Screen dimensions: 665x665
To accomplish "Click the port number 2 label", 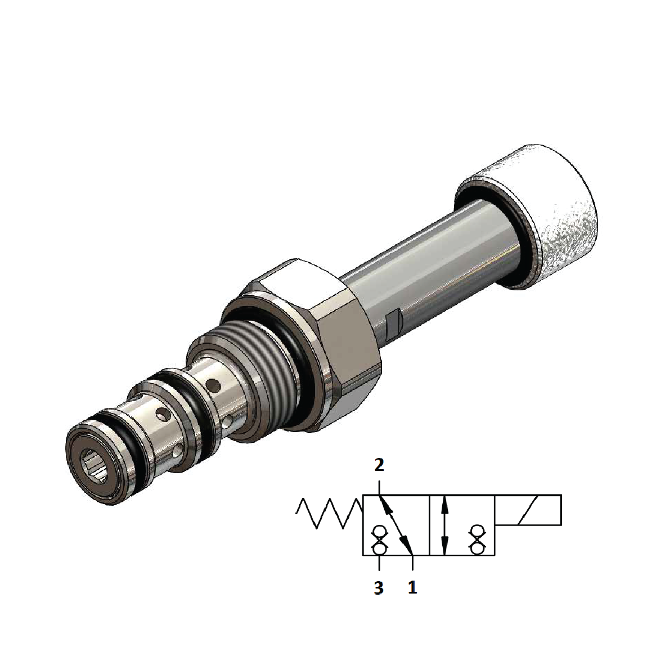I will coord(379,465).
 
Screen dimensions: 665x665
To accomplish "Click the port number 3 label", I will coord(379,588).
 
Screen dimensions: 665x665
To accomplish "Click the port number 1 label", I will coord(412,588).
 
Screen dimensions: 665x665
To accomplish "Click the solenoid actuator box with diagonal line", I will coord(528,510).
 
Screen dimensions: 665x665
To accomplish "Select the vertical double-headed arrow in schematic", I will coord(445,525).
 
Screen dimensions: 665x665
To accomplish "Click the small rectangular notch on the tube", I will coord(394,321).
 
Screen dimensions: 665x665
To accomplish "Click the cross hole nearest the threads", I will coord(213,385).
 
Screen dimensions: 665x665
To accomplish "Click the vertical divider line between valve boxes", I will coord(429,525).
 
